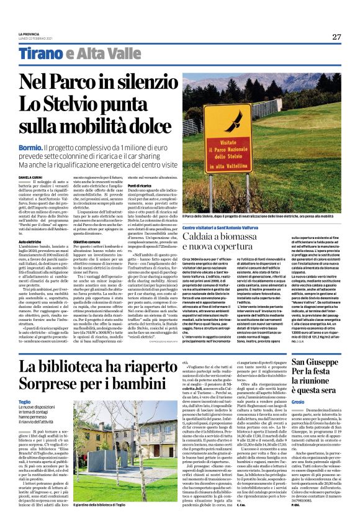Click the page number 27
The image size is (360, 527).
[x=336, y=37]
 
